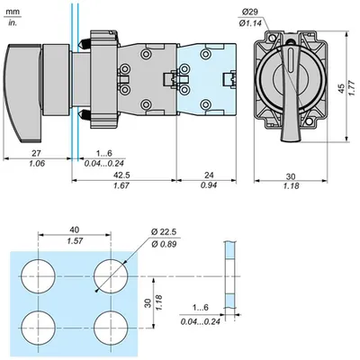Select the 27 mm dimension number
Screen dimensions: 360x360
36,153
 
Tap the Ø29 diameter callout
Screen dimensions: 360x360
249,12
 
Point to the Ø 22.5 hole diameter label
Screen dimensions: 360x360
164,232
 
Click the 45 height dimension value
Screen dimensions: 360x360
341,88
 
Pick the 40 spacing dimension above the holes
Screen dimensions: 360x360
75,229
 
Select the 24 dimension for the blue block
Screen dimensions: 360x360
209,175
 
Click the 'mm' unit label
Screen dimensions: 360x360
13,12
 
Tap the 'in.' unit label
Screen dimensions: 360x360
13,22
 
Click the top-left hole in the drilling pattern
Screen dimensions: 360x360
39,276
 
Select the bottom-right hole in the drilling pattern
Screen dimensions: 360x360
111,328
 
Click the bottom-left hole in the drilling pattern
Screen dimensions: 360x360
39,328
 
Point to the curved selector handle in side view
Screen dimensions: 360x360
22,93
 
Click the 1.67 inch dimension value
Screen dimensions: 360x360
121,185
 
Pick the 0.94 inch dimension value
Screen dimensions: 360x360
209,185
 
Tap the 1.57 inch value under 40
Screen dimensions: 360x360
75,240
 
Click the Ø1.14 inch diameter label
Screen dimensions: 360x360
251,23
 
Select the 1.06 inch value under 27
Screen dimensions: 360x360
37,164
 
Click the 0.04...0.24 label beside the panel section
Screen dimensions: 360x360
201,321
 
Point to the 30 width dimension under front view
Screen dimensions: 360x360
291,175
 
